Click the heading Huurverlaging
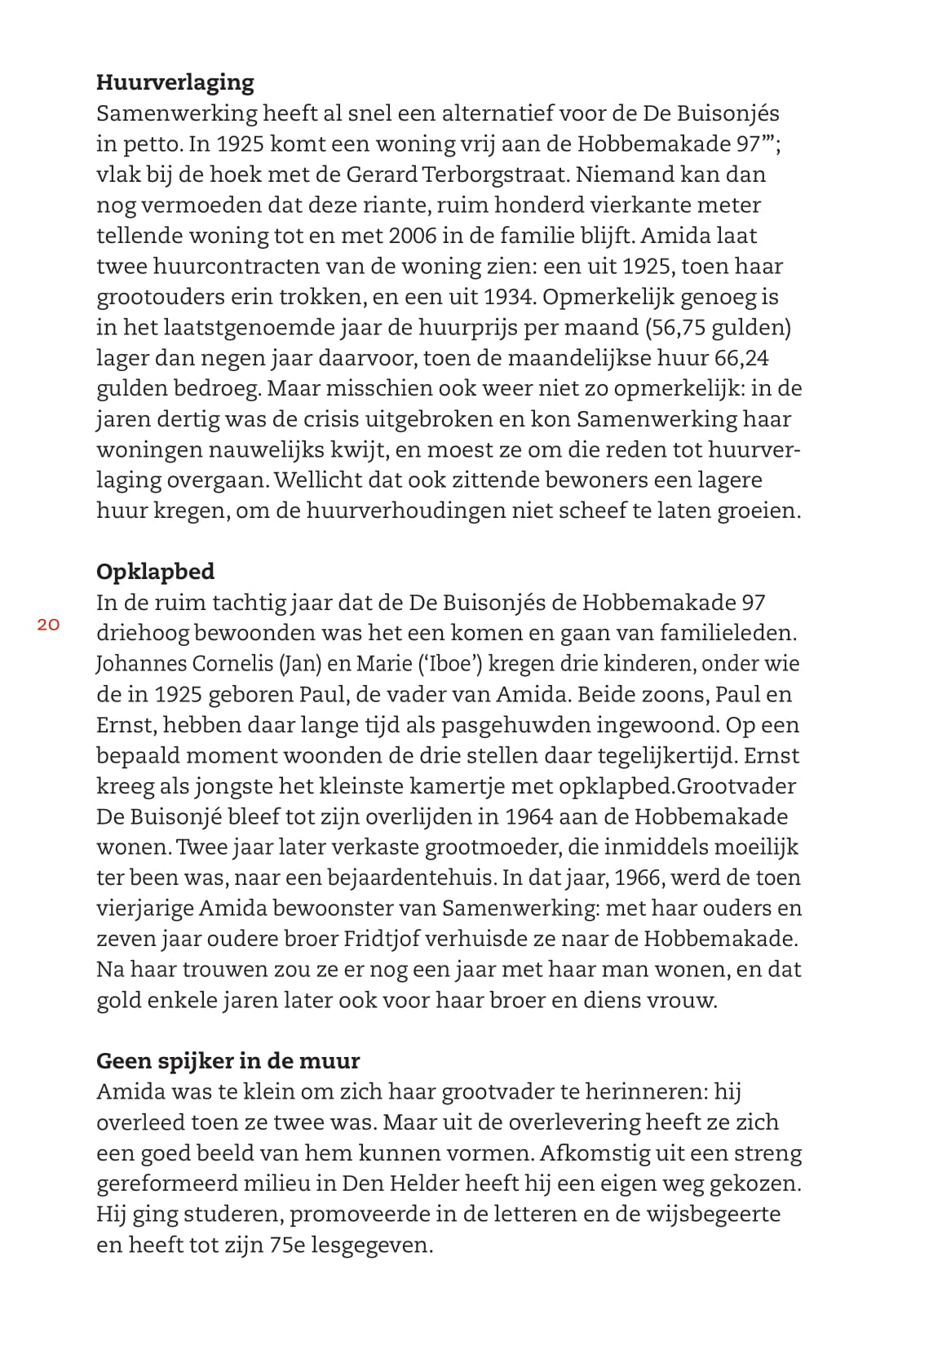(x=175, y=82)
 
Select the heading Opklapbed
(x=155, y=571)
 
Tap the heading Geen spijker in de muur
(x=228, y=1060)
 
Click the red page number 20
(x=48, y=625)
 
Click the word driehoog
(x=142, y=633)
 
